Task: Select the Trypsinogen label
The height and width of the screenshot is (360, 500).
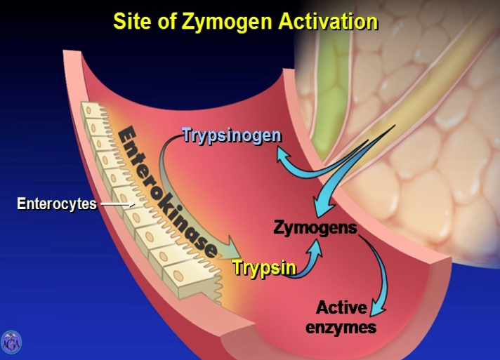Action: click(x=232, y=135)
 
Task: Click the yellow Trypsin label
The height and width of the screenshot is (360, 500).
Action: click(x=263, y=267)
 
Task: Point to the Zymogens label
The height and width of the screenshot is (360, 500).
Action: click(x=315, y=229)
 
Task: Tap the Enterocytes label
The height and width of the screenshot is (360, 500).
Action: click(x=57, y=204)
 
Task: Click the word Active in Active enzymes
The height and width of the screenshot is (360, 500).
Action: click(x=341, y=307)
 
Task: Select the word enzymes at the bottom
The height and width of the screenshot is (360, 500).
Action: click(x=341, y=326)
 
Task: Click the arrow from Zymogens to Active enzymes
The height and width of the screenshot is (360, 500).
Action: click(x=376, y=274)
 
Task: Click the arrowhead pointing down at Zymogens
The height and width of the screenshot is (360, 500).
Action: click(x=320, y=208)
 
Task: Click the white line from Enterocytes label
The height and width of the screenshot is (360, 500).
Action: click(x=117, y=205)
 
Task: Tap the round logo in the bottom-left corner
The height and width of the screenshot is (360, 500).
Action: click(x=11, y=342)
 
